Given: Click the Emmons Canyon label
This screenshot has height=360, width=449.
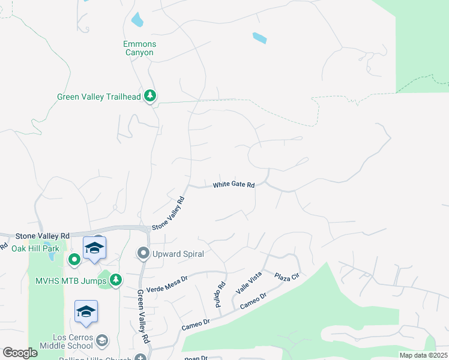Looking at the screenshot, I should (x=139, y=48).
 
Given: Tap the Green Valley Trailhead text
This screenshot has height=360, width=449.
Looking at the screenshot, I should (x=98, y=97).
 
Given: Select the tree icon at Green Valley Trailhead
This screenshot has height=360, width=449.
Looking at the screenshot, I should (x=149, y=96).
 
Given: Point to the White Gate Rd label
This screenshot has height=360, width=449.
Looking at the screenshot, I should (x=234, y=185).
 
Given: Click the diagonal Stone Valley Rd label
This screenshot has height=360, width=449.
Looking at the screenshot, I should (x=167, y=214).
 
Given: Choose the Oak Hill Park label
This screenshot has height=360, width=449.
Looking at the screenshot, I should (x=35, y=248).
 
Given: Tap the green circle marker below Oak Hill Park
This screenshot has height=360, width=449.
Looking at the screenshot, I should (x=74, y=259).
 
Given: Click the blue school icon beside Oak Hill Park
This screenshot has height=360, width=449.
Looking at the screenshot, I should (x=95, y=248).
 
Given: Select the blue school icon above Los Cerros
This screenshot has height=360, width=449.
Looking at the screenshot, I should (x=86, y=311).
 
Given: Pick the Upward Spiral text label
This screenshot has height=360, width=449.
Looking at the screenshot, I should (x=178, y=254).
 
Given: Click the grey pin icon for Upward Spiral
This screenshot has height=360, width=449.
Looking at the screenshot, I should (x=143, y=254).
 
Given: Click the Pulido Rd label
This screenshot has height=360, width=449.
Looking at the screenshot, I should (x=220, y=295).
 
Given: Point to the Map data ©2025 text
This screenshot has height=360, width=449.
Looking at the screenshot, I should (x=424, y=355).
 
